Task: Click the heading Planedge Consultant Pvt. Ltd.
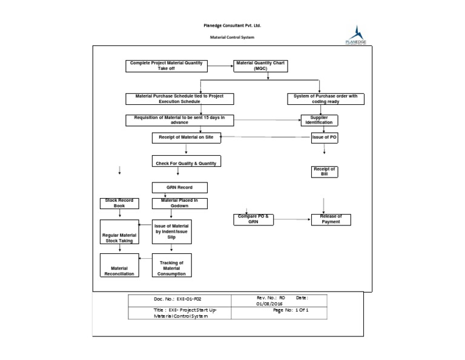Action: (232, 26)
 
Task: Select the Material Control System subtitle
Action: (232, 38)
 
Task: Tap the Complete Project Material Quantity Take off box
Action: (167, 65)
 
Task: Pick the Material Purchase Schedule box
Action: (179, 99)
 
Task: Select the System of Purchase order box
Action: (326, 99)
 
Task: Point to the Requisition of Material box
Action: (179, 119)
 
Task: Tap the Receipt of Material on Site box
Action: (186, 138)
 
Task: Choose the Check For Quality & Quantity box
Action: (185, 162)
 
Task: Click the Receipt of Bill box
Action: (324, 172)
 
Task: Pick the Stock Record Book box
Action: (119, 204)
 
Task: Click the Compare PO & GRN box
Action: (254, 219)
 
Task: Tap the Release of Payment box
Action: (331, 219)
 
